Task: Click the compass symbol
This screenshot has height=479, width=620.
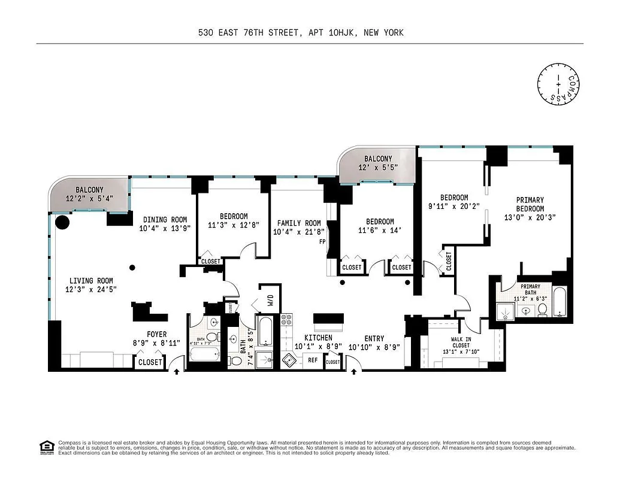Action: (x=559, y=84)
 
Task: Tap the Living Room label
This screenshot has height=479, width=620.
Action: (x=91, y=281)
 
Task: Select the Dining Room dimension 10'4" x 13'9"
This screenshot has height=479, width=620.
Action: (x=164, y=228)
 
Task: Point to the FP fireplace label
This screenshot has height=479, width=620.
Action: (x=322, y=242)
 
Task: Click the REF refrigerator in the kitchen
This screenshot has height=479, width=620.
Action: (x=313, y=360)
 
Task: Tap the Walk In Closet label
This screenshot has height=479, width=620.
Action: (x=461, y=342)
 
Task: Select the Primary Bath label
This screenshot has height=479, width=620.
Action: (x=530, y=290)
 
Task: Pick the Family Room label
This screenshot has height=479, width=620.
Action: (x=298, y=223)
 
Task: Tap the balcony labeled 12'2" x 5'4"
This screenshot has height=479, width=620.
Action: (x=89, y=194)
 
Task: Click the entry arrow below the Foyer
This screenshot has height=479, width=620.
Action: (x=177, y=372)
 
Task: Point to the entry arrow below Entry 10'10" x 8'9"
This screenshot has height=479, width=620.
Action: (x=353, y=372)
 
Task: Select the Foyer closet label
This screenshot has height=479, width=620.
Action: (x=150, y=362)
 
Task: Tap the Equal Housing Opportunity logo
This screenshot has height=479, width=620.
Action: (x=45, y=447)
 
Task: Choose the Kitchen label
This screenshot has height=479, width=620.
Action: (x=317, y=338)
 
